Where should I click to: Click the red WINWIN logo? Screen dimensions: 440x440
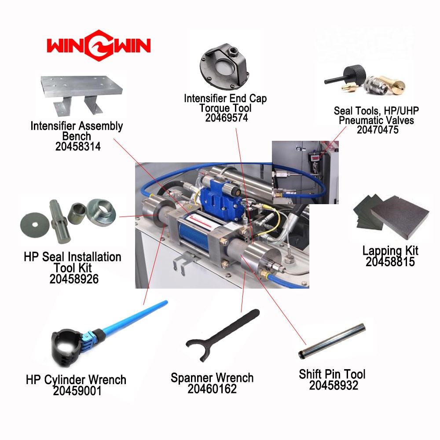tap(99, 45)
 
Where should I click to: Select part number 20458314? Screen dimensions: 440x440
tap(78, 147)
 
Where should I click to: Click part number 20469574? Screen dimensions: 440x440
tap(227, 118)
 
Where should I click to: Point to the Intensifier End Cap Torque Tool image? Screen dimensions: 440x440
tap(224, 66)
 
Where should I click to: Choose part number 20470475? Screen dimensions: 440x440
tap(378, 130)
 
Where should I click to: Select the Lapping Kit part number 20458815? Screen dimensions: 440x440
tap(390, 261)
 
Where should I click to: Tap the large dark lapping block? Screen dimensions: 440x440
tap(400, 216)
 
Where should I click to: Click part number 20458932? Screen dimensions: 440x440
tap(334, 385)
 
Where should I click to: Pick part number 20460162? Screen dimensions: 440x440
tap(212, 389)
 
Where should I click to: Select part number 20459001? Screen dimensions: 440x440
tap(77, 391)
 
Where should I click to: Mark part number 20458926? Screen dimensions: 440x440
tap(74, 279)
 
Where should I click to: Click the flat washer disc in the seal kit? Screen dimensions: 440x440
tap(35, 224)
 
